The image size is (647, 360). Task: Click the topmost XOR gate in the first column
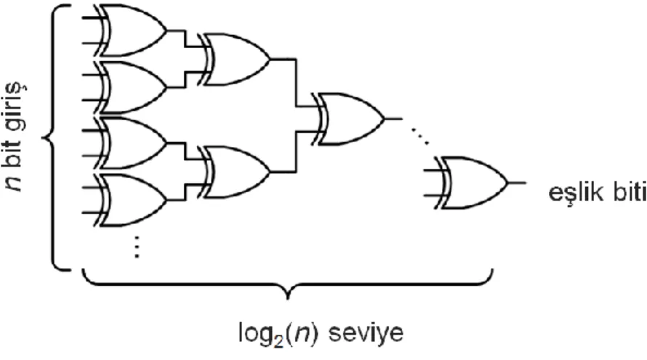[x=132, y=30]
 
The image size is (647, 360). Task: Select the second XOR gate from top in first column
[x=132, y=87]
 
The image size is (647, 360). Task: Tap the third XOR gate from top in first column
[x=132, y=143]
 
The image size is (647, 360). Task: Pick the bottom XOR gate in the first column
[x=132, y=200]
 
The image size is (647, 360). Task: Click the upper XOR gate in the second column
[x=236, y=60]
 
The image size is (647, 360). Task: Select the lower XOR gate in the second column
[x=236, y=172]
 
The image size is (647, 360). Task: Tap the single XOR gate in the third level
[x=350, y=119]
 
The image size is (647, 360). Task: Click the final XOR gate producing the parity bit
[x=473, y=183]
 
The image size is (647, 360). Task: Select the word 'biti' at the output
[x=628, y=193]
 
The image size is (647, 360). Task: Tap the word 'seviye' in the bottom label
[x=366, y=332]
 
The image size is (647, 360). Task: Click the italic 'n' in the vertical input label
[x=16, y=185]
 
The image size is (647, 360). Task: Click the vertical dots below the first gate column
[x=137, y=247]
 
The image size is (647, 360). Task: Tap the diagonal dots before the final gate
[x=420, y=136]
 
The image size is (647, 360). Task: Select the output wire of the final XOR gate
[x=517, y=183]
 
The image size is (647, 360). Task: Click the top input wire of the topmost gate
[x=92, y=18]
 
